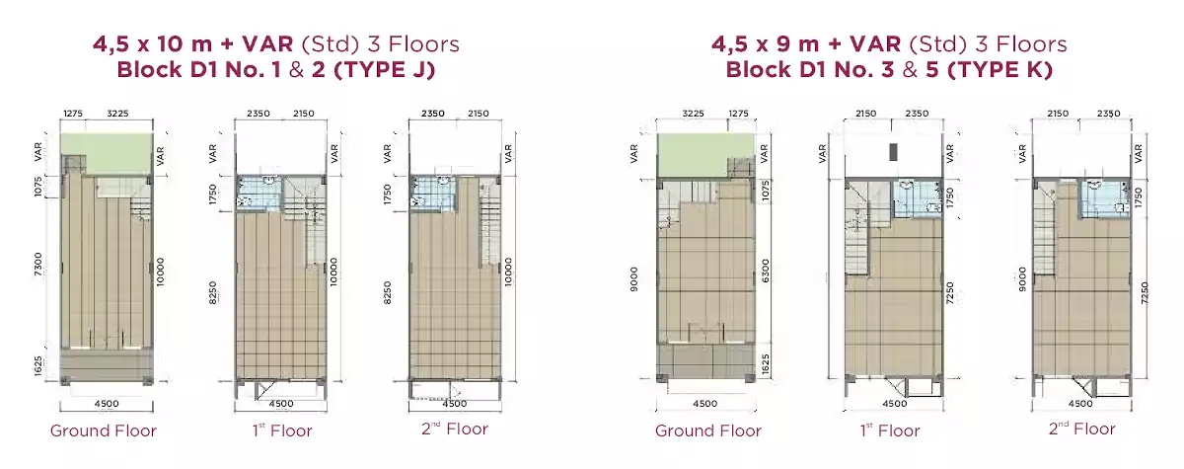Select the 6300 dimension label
765,271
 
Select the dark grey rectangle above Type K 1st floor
893,152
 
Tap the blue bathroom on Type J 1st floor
258,194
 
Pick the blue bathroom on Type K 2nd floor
1105,198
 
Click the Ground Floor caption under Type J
104,430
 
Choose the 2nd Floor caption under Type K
1082,429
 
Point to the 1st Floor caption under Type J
282,430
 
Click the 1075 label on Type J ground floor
38,187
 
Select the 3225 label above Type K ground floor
693,114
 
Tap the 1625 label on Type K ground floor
766,364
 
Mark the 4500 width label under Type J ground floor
107,404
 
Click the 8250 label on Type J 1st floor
212,292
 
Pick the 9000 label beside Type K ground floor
633,278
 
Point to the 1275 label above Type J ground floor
73,114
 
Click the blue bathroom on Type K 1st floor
918,198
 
